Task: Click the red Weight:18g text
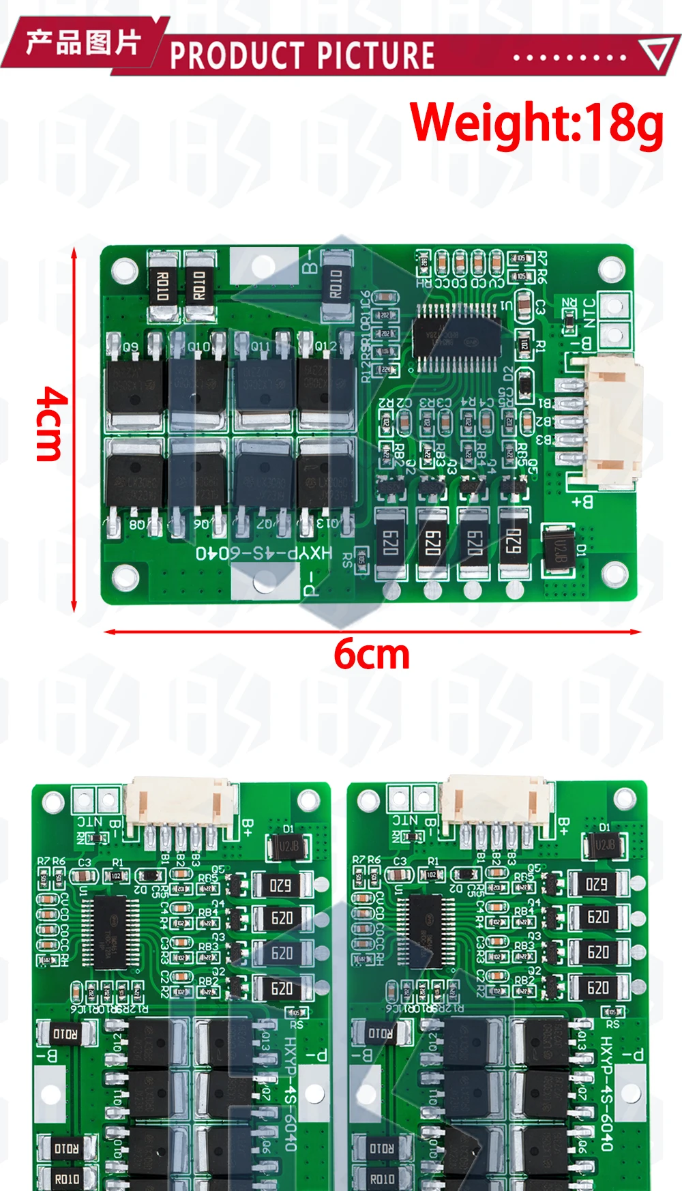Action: coord(536,123)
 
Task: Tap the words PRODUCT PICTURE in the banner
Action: coord(301,55)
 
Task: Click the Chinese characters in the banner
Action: coord(83,42)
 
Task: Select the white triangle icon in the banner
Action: coord(657,54)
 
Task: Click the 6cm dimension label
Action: coord(372,654)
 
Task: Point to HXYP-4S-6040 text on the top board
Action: coord(264,552)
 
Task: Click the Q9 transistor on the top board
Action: coord(135,382)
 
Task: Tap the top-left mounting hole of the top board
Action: coord(124,269)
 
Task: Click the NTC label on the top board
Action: coord(589,313)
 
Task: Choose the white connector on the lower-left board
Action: coord(181,802)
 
